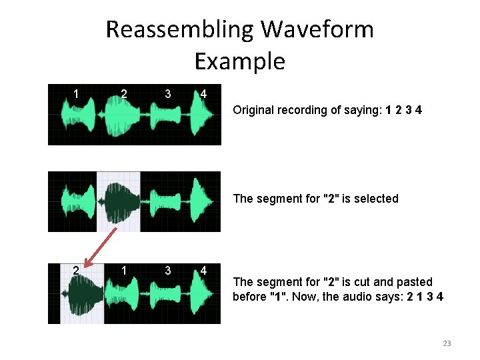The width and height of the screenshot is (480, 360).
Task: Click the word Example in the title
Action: (x=239, y=61)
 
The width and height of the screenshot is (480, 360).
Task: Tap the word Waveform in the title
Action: (x=317, y=30)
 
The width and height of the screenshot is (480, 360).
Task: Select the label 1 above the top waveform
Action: (x=77, y=93)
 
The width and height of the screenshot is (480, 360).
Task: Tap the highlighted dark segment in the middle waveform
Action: (x=120, y=201)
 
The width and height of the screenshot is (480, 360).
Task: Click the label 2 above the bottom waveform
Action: (x=77, y=270)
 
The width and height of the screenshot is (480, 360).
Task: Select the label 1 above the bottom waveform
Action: (x=124, y=269)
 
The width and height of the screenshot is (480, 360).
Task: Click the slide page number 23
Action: (x=447, y=343)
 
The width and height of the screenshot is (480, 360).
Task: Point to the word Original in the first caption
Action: (x=253, y=110)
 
